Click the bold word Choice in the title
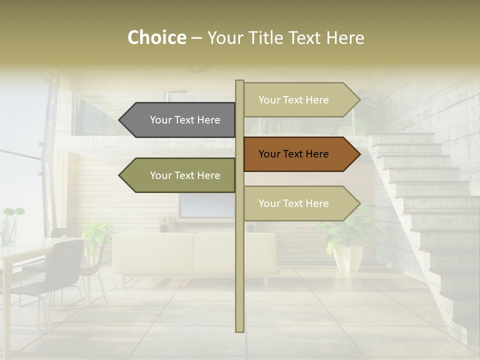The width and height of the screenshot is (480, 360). tap(156, 37)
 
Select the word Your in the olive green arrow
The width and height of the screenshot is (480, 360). tap(160, 175)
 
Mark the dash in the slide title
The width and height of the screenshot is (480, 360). tap(196, 38)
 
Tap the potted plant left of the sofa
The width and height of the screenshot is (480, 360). tap(95, 235)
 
